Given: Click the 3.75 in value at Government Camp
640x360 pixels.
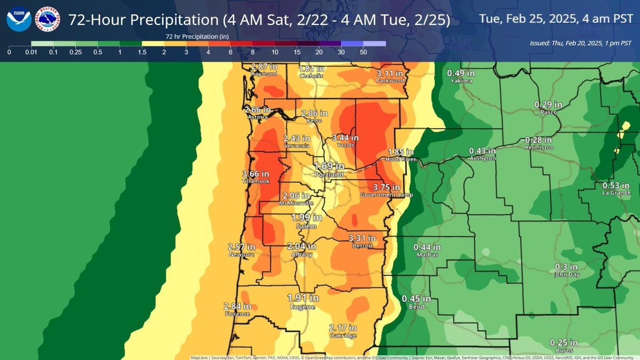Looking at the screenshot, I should [x=387, y=187].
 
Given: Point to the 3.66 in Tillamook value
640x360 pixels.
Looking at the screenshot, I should [x=255, y=174].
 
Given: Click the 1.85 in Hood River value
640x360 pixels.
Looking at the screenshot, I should [x=401, y=151].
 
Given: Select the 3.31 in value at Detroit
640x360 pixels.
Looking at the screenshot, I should [x=363, y=238].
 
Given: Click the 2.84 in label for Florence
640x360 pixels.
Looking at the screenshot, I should [x=238, y=306].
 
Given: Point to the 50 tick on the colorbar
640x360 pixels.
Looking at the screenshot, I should [x=363, y=53].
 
